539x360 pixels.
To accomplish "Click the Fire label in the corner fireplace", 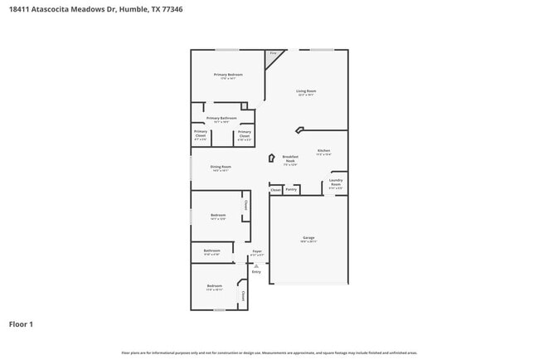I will tap(272, 54).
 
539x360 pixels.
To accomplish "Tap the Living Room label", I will tap(307, 91).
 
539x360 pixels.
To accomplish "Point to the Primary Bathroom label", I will tap(221, 119).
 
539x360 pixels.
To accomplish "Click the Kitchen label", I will tap(323, 151).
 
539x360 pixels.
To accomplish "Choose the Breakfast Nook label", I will tap(289, 158).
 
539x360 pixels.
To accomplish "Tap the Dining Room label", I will tap(221, 167).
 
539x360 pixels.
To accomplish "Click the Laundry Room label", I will tap(336, 182).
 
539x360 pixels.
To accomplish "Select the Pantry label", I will tap(291, 189).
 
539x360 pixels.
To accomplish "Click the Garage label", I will tap(308, 238).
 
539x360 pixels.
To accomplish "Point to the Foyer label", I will tap(257, 251).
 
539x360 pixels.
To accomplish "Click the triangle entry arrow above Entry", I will tap(256, 265).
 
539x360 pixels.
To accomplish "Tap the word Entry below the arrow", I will tap(256, 272).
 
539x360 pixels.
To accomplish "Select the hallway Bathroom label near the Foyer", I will tap(212, 251).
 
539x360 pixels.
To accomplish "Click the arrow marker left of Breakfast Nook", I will tap(271, 158).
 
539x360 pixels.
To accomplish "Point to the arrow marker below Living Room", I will tap(299, 129).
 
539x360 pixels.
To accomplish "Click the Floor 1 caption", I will tap(21, 324).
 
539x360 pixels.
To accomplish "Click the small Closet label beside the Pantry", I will tap(275, 189).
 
